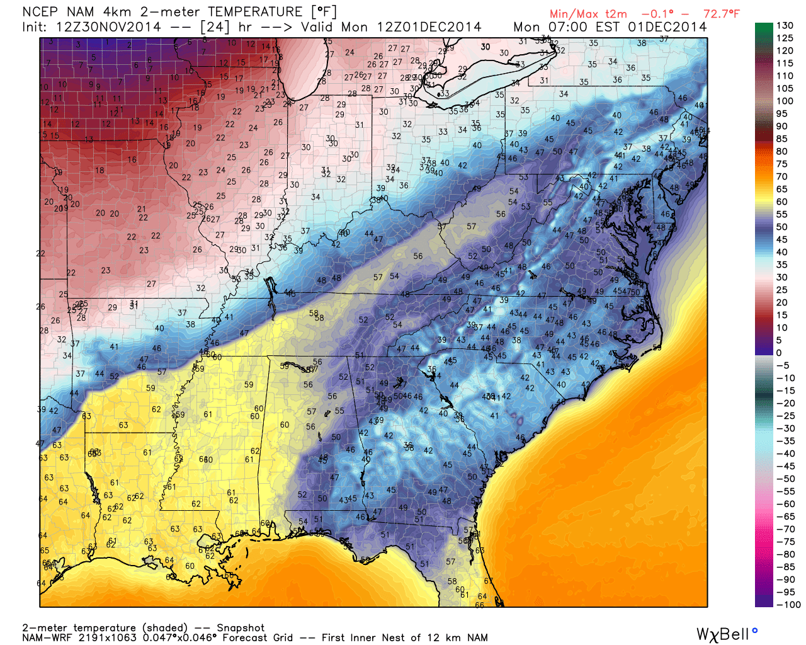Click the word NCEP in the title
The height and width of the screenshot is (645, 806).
click(x=40, y=12)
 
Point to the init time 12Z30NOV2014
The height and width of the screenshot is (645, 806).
click(x=108, y=27)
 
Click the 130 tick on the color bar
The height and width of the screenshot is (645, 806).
click(x=785, y=26)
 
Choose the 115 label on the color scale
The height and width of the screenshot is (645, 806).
click(x=785, y=64)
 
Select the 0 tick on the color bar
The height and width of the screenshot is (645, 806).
click(x=779, y=353)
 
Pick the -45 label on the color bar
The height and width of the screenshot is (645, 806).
click(x=785, y=466)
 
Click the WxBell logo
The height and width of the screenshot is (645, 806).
click(x=726, y=634)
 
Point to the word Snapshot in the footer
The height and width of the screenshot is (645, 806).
click(x=241, y=628)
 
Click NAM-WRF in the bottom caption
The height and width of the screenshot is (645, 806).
click(x=44, y=637)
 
